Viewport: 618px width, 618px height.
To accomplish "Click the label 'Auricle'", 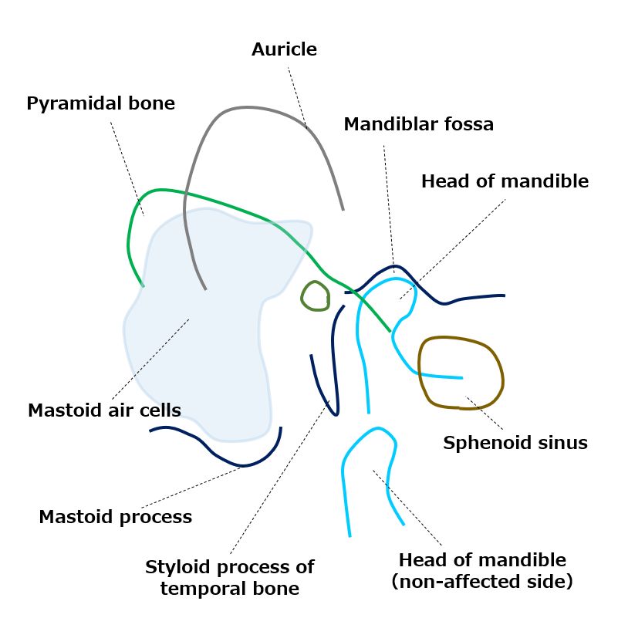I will (284, 50).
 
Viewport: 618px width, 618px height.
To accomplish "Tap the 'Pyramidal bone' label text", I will (100, 103).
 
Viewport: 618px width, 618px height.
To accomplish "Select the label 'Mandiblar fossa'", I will (418, 124).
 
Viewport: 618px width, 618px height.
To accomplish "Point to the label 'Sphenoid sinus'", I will (515, 443).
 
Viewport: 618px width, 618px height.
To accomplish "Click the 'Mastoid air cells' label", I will (104, 410).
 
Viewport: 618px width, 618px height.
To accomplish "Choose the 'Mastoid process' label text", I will (115, 517).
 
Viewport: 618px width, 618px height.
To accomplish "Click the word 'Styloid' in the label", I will (178, 568).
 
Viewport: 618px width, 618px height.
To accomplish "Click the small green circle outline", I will (315, 295).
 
